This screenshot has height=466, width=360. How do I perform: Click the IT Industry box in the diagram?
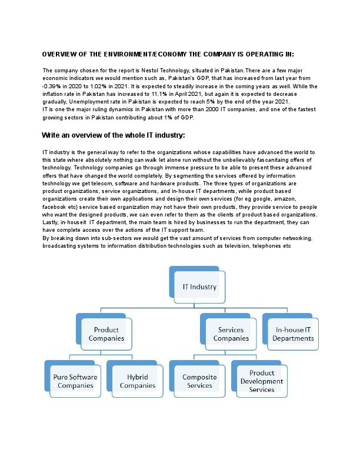(199, 288)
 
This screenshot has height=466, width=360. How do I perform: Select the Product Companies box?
(106, 334)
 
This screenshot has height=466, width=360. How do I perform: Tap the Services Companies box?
(231, 334)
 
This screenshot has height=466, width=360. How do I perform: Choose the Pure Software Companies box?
(75, 381)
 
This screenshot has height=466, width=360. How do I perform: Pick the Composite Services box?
(199, 381)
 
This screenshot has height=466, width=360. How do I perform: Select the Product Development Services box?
(262, 381)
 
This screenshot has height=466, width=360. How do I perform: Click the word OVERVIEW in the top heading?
(61, 54)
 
